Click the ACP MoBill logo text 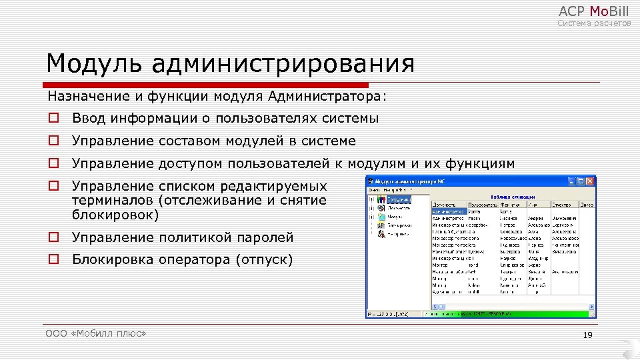(x=593, y=11)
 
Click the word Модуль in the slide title (x=93, y=65)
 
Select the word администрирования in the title (x=283, y=65)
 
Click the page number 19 (x=587, y=335)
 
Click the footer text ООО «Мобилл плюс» (x=96, y=333)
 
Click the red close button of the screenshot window (x=589, y=181)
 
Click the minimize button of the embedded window (x=571, y=181)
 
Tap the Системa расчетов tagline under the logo (x=594, y=24)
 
